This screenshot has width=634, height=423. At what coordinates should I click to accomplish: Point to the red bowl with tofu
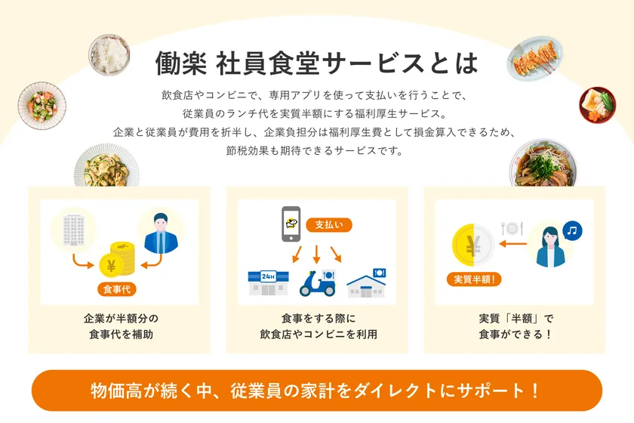(x=597, y=105)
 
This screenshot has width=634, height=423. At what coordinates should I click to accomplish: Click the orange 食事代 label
(x=117, y=289)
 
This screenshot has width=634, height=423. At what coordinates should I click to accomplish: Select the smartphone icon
(x=291, y=224)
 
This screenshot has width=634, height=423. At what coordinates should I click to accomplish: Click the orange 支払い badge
(x=329, y=224)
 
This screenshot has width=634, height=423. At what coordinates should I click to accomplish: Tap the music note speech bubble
(x=571, y=230)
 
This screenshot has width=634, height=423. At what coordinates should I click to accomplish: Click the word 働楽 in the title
(x=180, y=63)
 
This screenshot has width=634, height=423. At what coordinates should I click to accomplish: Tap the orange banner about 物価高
(x=316, y=391)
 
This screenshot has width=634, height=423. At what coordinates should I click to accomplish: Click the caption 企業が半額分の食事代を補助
(x=121, y=326)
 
